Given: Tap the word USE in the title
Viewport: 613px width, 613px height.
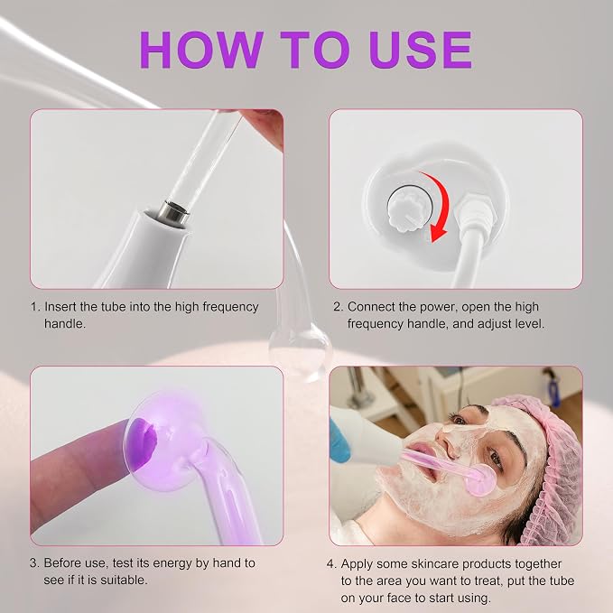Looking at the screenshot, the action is (421, 50).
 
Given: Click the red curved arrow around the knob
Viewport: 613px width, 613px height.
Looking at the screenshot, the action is (437, 204).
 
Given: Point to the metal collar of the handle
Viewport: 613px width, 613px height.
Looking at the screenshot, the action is (175, 213).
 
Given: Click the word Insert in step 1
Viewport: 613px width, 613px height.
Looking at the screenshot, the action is (60, 307).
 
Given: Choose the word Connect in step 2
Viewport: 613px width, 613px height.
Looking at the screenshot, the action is (371, 307).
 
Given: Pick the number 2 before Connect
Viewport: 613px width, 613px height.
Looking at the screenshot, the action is (337, 307).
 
